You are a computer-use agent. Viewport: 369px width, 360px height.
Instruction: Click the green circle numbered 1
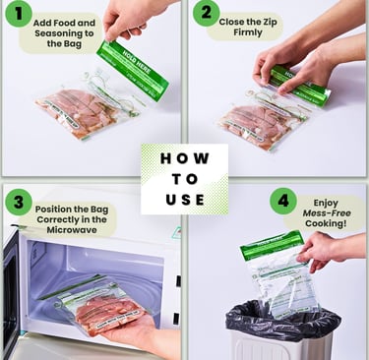tap(19, 16)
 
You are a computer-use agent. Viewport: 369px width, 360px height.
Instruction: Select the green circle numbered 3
tap(18, 203)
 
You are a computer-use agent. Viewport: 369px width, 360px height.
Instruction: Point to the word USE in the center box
tap(184, 200)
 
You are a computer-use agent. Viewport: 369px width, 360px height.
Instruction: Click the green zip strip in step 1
tap(132, 70)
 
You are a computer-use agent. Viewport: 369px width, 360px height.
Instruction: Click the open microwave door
tap(11, 296)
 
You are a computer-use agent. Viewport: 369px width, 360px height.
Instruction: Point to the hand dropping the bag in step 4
tap(320, 250)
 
